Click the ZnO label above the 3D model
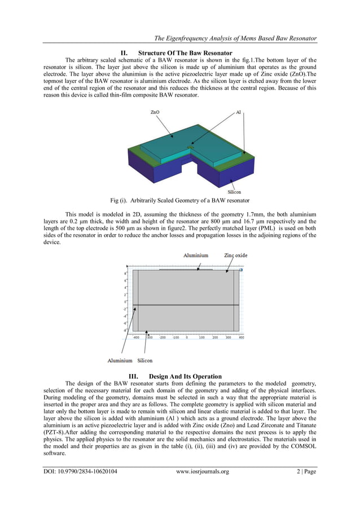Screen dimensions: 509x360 (155, 112)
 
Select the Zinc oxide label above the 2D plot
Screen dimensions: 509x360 (236, 255)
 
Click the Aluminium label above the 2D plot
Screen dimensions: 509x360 (195, 255)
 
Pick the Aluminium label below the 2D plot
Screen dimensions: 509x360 (120, 360)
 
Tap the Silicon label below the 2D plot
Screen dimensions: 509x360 (144, 360)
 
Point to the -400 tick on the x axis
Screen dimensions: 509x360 (136, 337)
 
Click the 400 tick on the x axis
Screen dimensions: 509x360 (241, 337)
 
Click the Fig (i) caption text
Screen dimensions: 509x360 (180, 200)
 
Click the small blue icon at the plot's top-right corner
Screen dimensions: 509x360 (241, 270)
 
